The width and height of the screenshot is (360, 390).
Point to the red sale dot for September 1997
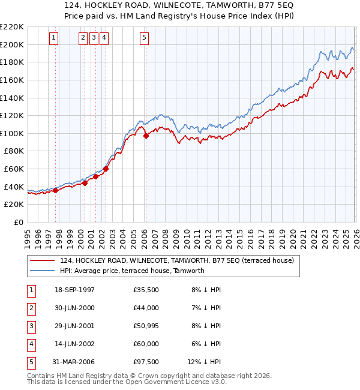[56, 190]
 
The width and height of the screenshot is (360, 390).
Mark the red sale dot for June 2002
[106, 169]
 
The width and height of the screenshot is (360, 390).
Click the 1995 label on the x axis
[28, 236]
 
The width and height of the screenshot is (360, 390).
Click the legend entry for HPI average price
[132, 271]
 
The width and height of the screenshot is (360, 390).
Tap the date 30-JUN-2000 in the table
[74, 307]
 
